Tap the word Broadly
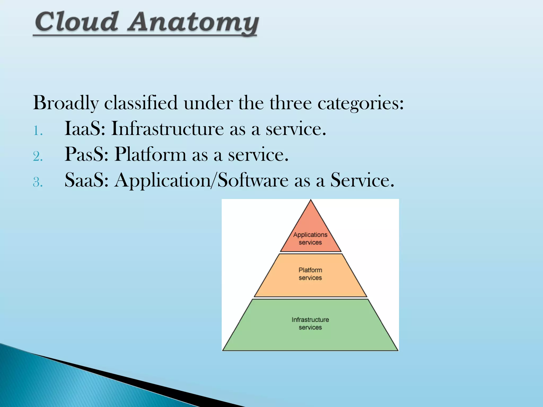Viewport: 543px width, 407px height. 66,103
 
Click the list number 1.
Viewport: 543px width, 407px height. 38,131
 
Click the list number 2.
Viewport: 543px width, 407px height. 38,156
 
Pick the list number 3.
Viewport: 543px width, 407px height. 38,182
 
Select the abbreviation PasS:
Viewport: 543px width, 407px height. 86,154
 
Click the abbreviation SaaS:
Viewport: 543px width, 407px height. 86,180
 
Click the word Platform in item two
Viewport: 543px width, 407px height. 150,154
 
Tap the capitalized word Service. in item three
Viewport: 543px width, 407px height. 362,180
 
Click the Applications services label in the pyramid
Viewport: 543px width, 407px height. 310,238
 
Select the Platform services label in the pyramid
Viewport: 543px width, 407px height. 310,274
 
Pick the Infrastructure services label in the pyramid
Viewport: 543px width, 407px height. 310,323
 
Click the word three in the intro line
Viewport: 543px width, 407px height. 291,103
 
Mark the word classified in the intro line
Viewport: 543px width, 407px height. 141,103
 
